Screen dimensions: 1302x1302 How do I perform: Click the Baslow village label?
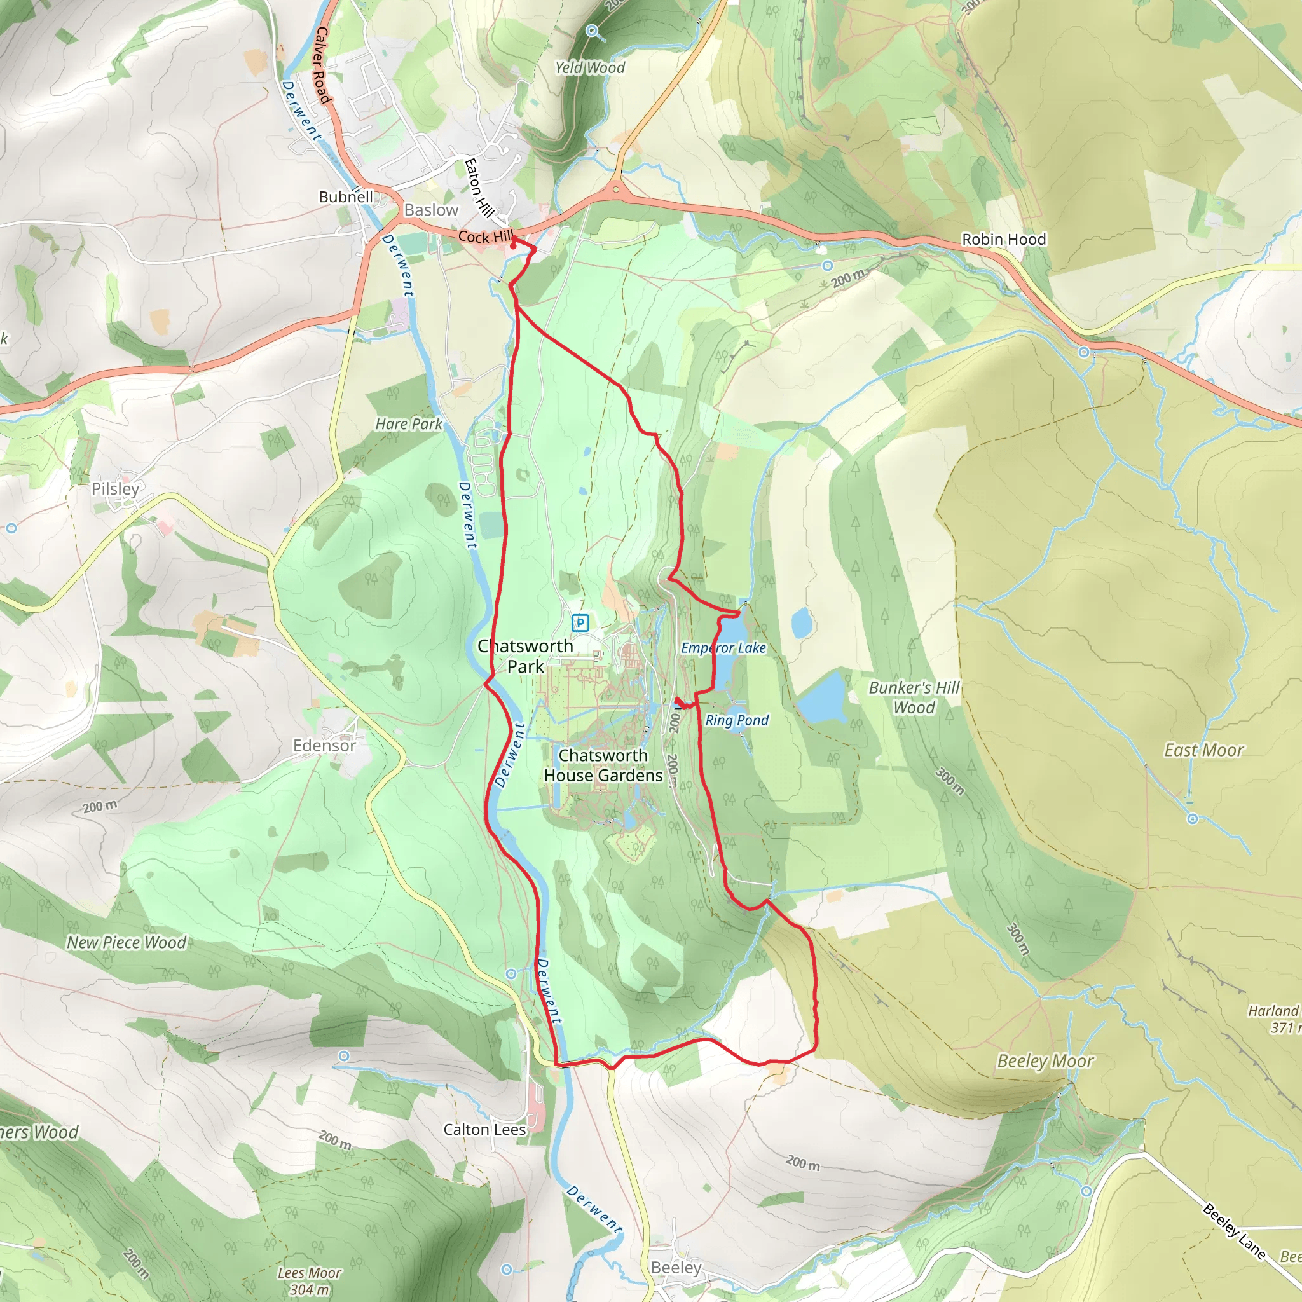(x=430, y=210)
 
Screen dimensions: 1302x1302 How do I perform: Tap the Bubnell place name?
(x=346, y=197)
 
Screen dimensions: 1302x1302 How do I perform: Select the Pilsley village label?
(x=115, y=489)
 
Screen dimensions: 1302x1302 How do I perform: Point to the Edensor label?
(x=324, y=745)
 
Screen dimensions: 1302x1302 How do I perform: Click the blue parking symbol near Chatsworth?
(x=580, y=622)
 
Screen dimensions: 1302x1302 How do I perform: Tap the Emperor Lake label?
(x=723, y=648)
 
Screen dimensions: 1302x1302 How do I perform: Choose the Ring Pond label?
(x=737, y=720)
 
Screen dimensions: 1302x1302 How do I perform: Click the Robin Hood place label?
(x=1003, y=239)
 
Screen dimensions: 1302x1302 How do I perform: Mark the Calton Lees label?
(x=484, y=1130)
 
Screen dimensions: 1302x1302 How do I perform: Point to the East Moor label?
(x=1203, y=750)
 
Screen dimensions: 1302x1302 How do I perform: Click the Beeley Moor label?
(x=1045, y=1062)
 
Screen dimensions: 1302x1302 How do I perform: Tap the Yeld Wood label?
(x=590, y=67)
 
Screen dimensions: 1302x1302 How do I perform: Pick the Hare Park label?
(x=408, y=424)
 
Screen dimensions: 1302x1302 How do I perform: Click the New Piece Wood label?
(x=126, y=943)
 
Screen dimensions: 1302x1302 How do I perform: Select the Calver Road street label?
(x=323, y=65)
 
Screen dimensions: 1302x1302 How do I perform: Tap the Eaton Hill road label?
(x=479, y=188)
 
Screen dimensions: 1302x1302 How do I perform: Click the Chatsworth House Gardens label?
(x=603, y=765)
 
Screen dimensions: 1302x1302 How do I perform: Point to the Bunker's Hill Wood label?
(x=914, y=697)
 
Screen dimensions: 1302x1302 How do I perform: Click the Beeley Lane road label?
(x=1233, y=1232)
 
